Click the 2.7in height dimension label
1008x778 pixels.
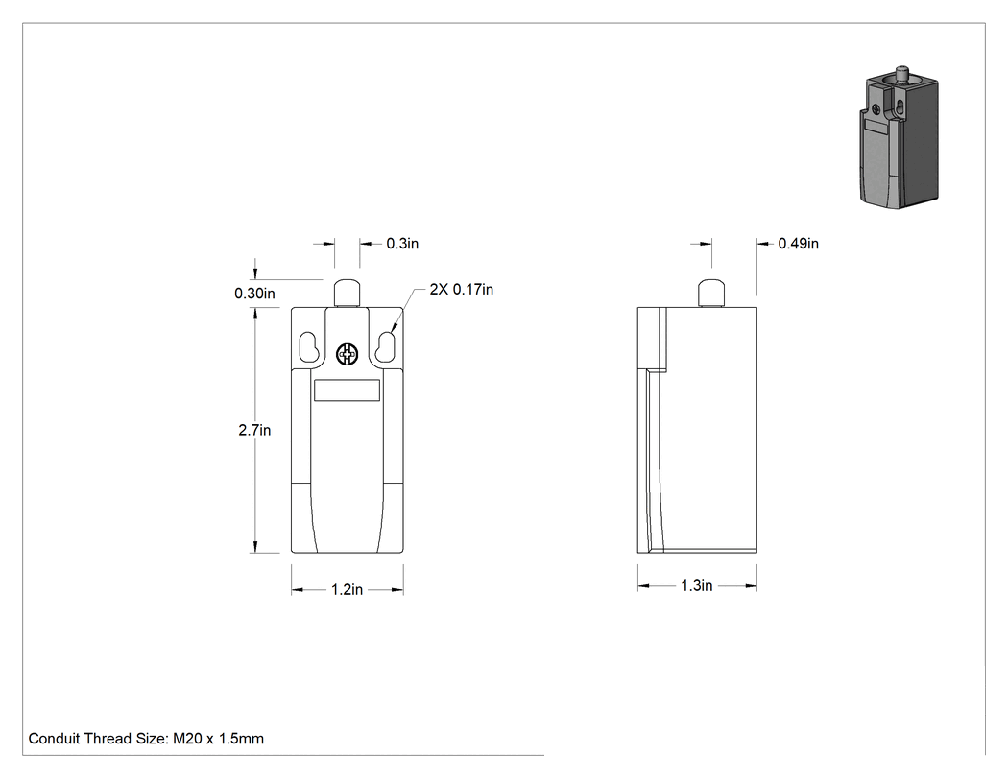tap(254, 430)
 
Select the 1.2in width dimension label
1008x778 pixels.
tap(348, 589)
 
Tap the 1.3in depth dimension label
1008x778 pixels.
tap(697, 585)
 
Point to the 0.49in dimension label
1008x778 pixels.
tap(799, 244)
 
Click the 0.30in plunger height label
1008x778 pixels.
tap(254, 294)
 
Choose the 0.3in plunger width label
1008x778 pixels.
tap(402, 244)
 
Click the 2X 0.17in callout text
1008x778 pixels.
tap(462, 290)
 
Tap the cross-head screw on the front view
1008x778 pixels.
tap(348, 354)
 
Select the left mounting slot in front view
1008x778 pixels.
tap(308, 347)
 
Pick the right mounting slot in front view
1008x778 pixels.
tap(386, 347)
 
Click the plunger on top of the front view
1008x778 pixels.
tap(348, 294)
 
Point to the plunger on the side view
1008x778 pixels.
tap(711, 294)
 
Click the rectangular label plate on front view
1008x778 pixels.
tap(348, 390)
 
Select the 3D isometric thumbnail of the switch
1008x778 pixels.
tap(899, 137)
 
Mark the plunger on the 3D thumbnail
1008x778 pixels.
tap(902, 73)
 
